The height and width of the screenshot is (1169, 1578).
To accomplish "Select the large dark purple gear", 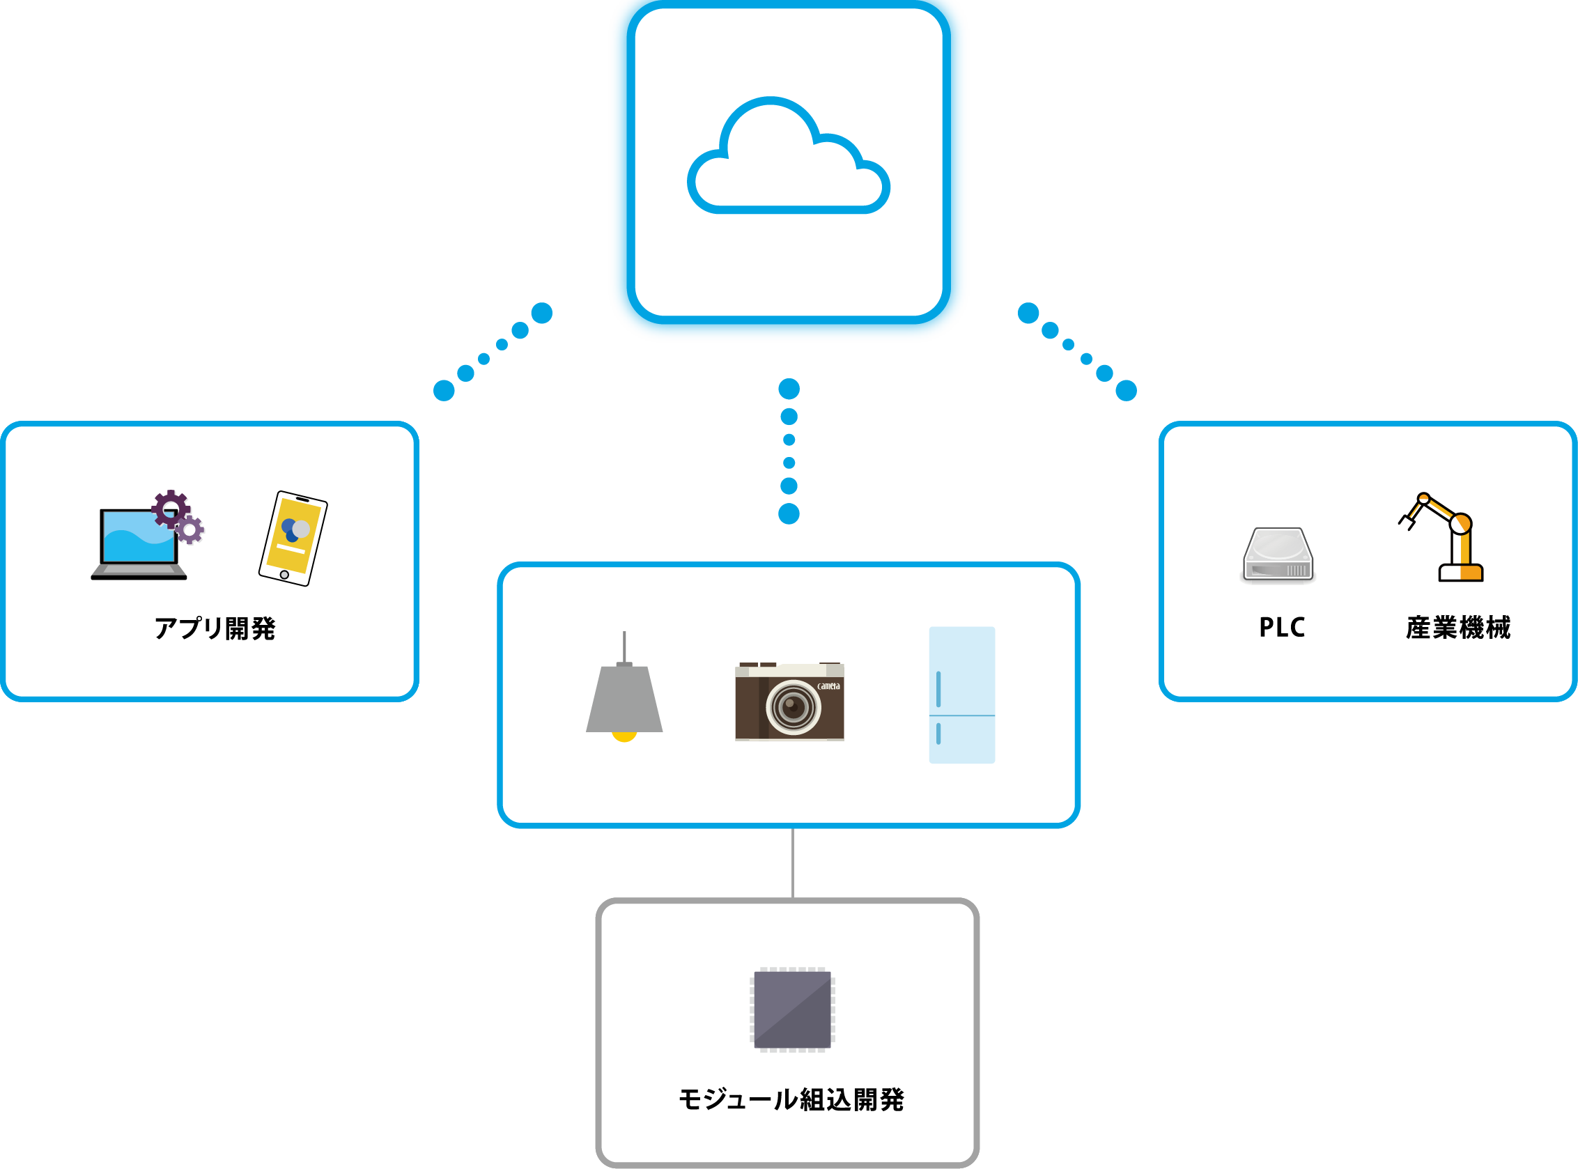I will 171,508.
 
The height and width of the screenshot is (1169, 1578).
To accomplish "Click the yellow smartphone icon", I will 293,539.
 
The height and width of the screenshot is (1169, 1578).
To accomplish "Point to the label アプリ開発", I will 215,628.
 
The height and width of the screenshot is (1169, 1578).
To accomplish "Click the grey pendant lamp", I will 624,697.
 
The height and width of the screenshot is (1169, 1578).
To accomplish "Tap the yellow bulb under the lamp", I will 624,736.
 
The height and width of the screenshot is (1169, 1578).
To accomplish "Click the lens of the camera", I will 794,706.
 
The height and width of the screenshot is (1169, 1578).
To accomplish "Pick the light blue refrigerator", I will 961,695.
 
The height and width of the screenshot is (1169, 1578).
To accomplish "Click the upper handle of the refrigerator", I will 938,688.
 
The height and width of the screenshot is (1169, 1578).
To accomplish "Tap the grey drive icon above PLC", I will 1278,555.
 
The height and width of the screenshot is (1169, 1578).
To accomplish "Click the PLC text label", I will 1281,628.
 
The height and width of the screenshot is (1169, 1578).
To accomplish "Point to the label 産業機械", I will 1457,628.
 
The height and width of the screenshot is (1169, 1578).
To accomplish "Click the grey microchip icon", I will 793,1009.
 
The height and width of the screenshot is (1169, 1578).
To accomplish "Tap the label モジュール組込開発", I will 791,1099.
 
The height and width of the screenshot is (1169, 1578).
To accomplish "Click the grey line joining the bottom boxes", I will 793,862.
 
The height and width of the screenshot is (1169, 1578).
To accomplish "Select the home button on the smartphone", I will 284,575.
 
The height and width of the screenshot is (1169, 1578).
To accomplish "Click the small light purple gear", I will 189,529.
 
